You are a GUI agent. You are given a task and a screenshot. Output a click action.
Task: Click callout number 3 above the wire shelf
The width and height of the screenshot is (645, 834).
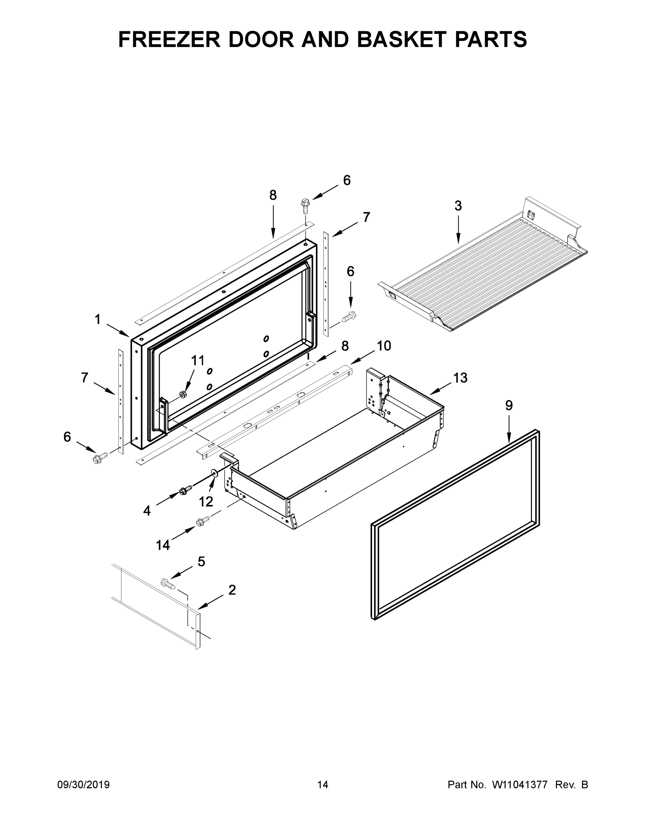click(x=458, y=206)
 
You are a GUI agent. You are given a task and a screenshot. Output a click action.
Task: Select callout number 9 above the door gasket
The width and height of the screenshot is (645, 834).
click(x=509, y=406)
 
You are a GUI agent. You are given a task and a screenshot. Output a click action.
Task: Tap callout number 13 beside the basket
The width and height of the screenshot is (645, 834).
click(x=460, y=378)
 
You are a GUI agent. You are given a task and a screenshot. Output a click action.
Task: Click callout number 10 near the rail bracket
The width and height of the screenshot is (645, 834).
click(x=384, y=346)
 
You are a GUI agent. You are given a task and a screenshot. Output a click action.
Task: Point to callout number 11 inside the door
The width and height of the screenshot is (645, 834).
click(x=198, y=360)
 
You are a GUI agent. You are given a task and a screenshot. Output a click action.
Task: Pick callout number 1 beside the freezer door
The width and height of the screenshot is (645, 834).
click(x=98, y=319)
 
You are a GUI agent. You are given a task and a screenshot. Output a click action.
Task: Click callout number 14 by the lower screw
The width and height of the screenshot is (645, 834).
click(x=163, y=545)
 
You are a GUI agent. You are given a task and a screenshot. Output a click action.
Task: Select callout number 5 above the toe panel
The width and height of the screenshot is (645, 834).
click(x=201, y=561)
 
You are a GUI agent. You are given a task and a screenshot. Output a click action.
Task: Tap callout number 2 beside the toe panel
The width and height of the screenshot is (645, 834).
click(x=232, y=590)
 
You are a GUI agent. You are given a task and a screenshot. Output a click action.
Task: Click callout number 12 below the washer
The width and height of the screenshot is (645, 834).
click(x=206, y=502)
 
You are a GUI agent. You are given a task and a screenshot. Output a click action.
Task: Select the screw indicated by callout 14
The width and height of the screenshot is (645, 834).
click(x=203, y=521)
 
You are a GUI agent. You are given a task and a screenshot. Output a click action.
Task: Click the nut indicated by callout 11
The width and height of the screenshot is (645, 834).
click(x=183, y=394)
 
